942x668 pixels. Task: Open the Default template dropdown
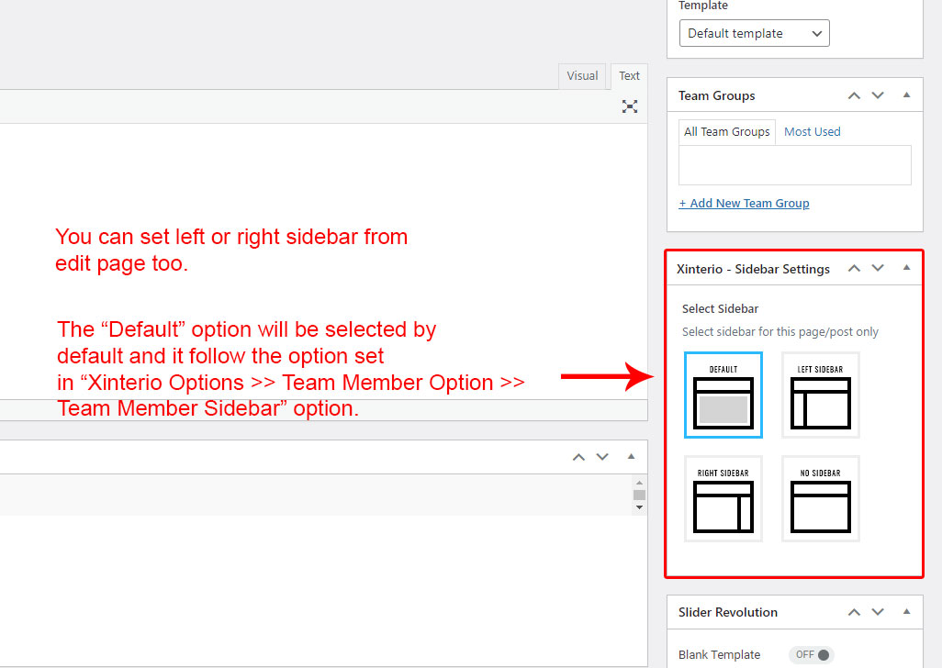pyautogui.click(x=754, y=33)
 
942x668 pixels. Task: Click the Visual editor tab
pyautogui.click(x=582, y=76)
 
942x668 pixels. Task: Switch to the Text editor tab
pyautogui.click(x=629, y=76)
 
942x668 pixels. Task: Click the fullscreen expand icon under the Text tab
pyautogui.click(x=630, y=106)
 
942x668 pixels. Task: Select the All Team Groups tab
pyautogui.click(x=727, y=131)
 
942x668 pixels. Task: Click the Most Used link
pyautogui.click(x=813, y=131)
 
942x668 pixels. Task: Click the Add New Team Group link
pyautogui.click(x=744, y=204)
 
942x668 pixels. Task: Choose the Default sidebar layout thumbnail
pyautogui.click(x=723, y=395)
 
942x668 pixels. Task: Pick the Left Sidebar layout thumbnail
pyautogui.click(x=820, y=395)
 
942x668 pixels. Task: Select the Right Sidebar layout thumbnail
pyautogui.click(x=723, y=499)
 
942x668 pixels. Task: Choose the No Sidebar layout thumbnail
pyautogui.click(x=820, y=499)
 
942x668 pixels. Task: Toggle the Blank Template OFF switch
pyautogui.click(x=812, y=655)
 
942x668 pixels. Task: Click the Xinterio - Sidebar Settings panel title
pyautogui.click(x=753, y=269)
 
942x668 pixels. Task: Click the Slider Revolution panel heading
pyautogui.click(x=727, y=612)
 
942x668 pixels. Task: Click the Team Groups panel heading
pyautogui.click(x=717, y=96)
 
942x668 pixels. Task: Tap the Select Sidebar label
pyautogui.click(x=720, y=308)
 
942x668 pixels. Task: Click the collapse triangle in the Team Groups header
pyautogui.click(x=906, y=95)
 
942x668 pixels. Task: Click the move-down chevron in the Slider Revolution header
pyautogui.click(x=878, y=612)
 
